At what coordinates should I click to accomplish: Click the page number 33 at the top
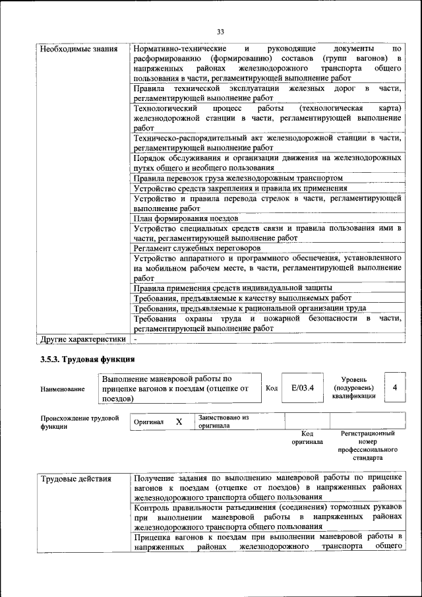[x=220, y=31]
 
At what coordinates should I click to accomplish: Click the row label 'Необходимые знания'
[x=79, y=49]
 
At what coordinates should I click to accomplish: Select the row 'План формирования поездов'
[x=186, y=218]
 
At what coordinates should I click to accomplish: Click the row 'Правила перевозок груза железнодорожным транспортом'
[x=238, y=177]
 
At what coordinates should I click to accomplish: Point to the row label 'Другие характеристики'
[x=82, y=339]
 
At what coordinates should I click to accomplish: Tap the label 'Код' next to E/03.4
[x=271, y=389]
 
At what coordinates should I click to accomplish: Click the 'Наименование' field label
[x=63, y=389]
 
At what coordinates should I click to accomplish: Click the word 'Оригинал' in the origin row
[x=148, y=422]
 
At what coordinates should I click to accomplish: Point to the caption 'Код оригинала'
[x=307, y=437]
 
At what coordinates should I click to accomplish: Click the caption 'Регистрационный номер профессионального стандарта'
[x=367, y=445]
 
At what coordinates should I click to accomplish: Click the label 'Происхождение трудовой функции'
[x=79, y=422]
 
